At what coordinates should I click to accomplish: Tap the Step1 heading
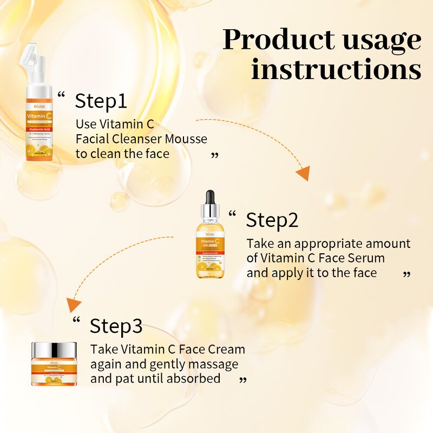point(101,101)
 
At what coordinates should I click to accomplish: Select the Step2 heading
point(272,220)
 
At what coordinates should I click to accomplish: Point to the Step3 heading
point(116,326)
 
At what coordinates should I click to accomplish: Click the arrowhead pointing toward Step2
point(303,174)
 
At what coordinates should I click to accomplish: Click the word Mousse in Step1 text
point(186,139)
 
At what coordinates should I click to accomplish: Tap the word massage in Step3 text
point(215,364)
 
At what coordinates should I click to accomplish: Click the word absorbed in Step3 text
point(193,378)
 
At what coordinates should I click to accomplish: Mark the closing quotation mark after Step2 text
point(407,275)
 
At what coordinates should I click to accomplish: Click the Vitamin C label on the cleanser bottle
point(39,116)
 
